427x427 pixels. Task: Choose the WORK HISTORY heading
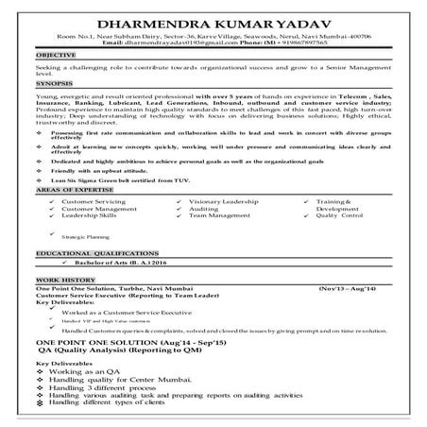(x=63, y=282)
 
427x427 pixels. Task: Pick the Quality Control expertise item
(x=340, y=216)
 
